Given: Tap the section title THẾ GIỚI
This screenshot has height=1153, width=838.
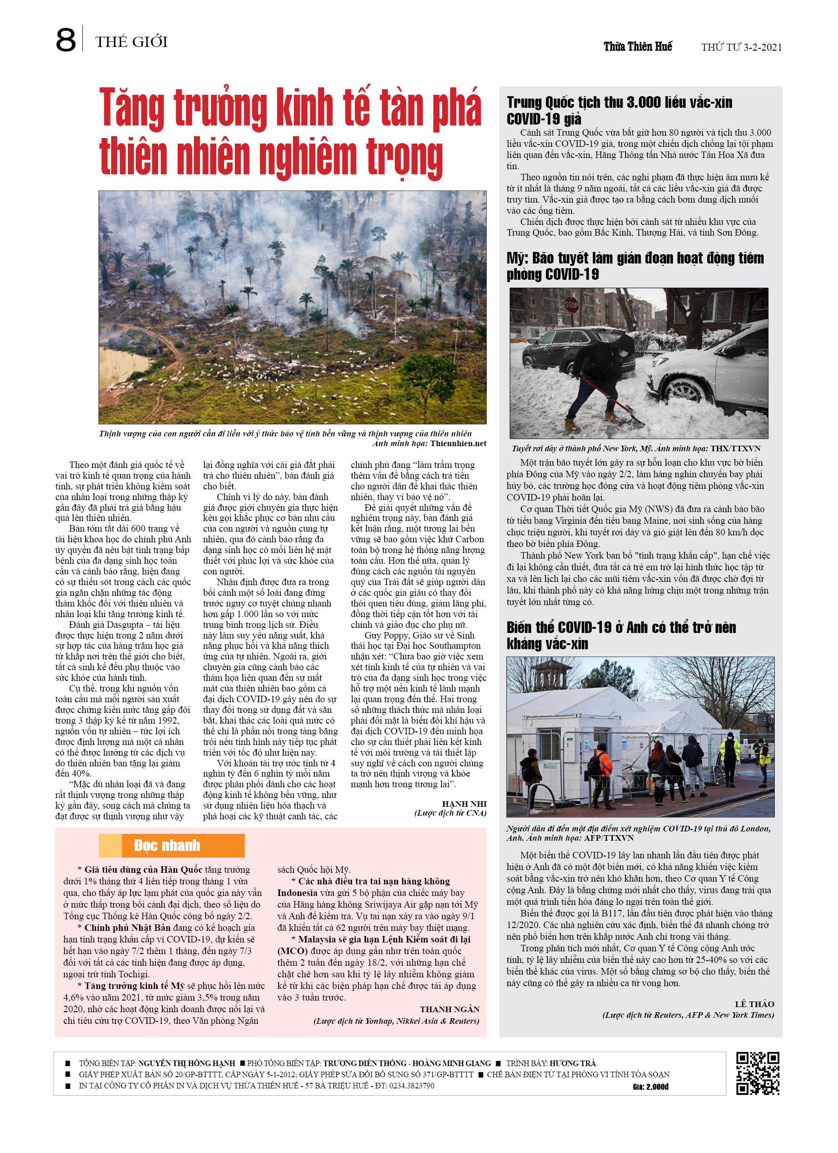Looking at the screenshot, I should [131, 42].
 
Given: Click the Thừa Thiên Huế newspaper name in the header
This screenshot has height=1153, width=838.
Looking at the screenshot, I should [638, 47].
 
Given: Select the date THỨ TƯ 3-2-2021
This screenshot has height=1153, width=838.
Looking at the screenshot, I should [741, 47].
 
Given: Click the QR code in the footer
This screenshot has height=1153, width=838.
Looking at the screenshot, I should [758, 1073].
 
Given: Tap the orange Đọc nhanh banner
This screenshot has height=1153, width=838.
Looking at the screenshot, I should [172, 845].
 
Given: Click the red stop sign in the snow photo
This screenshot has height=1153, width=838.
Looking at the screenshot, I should [572, 305].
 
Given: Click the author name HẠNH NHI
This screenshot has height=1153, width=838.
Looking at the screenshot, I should [464, 804].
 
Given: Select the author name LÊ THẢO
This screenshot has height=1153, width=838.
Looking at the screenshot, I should [754, 1004].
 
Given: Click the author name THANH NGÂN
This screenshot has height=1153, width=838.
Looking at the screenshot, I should [449, 1009].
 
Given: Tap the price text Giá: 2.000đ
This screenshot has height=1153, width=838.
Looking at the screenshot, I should [651, 1087].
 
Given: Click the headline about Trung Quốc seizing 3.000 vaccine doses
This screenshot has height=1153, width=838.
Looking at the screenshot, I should [619, 110].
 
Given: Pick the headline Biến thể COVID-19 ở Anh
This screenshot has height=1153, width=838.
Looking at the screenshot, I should [621, 635].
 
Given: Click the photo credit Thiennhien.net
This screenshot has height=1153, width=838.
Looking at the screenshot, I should [458, 443].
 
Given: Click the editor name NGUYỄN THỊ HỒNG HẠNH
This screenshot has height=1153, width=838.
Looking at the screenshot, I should [187, 1063].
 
